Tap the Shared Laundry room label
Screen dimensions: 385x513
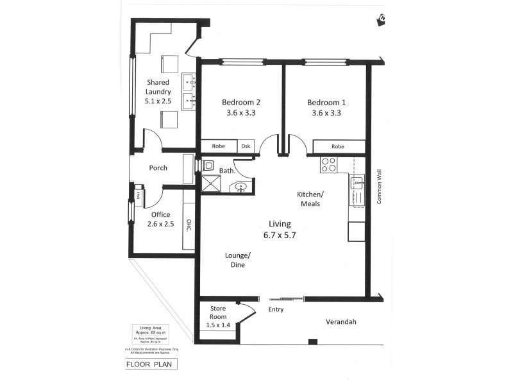coord(158,91)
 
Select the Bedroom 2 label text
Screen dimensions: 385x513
coord(242,107)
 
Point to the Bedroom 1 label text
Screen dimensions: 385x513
coord(326,107)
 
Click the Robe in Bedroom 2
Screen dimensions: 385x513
coord(219,146)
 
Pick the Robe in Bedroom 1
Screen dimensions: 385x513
coord(337,146)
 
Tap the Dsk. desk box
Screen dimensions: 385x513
coord(246,146)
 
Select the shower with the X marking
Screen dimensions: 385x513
coord(210,185)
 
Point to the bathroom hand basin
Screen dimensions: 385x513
coord(242,187)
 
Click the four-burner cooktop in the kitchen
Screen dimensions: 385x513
coord(329,165)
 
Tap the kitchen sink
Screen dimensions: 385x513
coord(357,186)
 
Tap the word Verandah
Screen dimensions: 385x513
coord(341,322)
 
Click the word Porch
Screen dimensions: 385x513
coord(158,168)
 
